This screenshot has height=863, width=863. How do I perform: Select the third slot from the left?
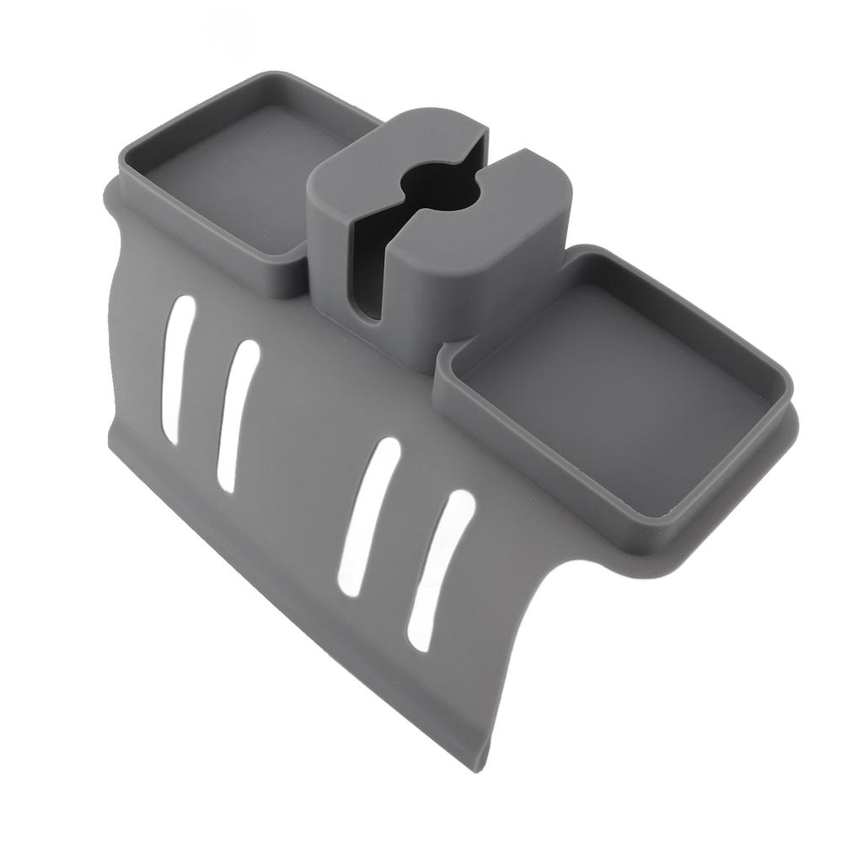point(368,517)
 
